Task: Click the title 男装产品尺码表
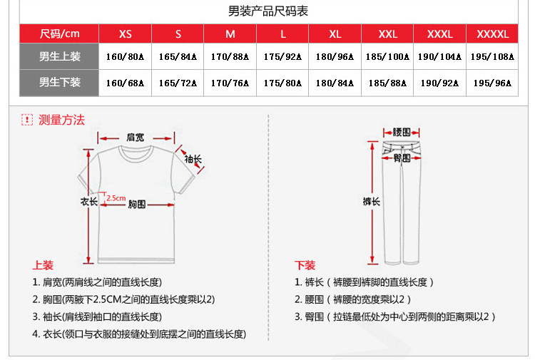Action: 267,11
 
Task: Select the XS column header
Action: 126,34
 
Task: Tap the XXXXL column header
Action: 492,34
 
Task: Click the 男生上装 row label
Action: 59,56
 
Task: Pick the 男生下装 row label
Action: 59,82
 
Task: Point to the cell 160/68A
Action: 125,83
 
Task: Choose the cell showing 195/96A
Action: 492,83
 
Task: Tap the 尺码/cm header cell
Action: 59,34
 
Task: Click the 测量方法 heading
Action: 61,120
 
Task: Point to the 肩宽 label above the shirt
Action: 135,137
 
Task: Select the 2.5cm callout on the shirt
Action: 116,198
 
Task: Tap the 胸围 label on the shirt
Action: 136,204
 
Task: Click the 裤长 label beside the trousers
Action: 371,202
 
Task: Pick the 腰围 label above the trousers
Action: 402,133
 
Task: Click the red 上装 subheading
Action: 43,265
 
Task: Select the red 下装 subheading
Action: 305,265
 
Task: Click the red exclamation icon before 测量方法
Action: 27,120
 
